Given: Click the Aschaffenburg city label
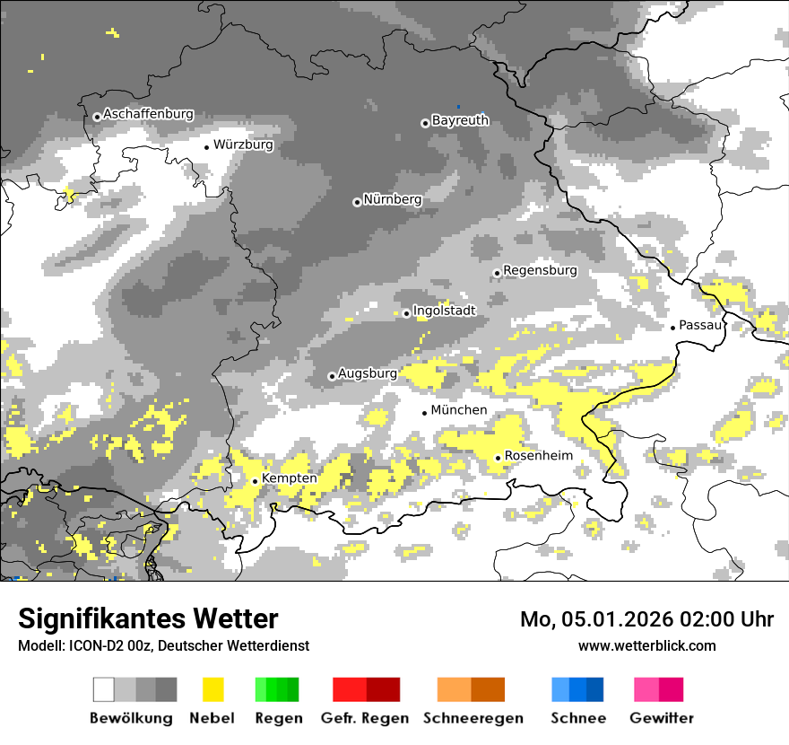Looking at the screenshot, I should [x=148, y=115].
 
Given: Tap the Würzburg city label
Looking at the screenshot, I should [x=243, y=145].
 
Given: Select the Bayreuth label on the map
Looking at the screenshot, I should [x=460, y=120].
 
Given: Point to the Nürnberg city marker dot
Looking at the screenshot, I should [x=357, y=202].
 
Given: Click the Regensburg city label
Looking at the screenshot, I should [x=540, y=270].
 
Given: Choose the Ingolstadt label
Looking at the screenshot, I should [x=444, y=311].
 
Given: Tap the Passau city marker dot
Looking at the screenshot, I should [x=673, y=328].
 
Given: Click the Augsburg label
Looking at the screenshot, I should [x=367, y=373].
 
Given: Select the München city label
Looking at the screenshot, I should [x=459, y=410].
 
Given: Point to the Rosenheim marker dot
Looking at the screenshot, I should [x=499, y=458].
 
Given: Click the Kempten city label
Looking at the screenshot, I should [x=289, y=478].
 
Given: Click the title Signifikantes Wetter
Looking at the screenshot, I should [x=148, y=618].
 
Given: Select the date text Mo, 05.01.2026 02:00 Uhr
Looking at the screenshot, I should [x=646, y=619].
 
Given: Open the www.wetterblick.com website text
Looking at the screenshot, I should [x=646, y=645].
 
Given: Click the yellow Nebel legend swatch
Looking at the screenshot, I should [x=212, y=689].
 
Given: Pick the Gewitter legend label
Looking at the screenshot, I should [x=661, y=718].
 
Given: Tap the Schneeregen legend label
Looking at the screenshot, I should [x=473, y=718].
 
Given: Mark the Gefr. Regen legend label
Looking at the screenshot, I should [x=365, y=718].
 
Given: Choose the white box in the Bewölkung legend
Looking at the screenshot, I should [x=104, y=689].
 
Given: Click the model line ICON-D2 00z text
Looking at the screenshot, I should [x=163, y=645].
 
